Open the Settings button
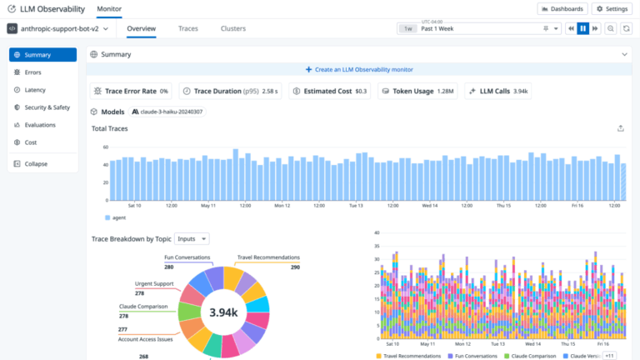612,8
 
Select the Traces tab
187,28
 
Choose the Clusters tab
232,28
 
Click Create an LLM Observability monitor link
359,69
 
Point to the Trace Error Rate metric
131,91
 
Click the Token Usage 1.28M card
417,91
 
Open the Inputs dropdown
192,239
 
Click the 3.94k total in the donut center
223,313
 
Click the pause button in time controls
583,28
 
